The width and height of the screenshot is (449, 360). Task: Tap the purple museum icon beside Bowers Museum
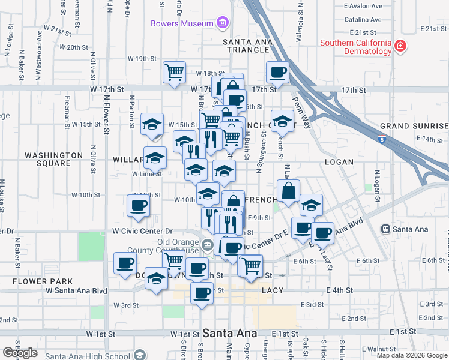(223, 23)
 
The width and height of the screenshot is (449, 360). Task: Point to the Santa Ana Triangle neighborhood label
(247, 46)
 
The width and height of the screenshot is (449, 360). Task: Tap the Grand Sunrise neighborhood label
(414, 127)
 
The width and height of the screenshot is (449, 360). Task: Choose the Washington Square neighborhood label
(53, 159)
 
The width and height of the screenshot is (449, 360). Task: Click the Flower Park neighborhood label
(45, 281)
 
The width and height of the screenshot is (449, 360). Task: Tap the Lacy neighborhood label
(272, 290)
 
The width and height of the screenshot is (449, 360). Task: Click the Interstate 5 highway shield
(382, 140)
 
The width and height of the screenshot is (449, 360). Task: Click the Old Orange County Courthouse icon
(207, 244)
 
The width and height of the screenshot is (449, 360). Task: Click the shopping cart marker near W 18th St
(174, 73)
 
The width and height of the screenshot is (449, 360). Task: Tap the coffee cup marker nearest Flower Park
(125, 263)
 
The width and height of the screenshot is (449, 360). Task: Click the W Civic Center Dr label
(142, 231)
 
